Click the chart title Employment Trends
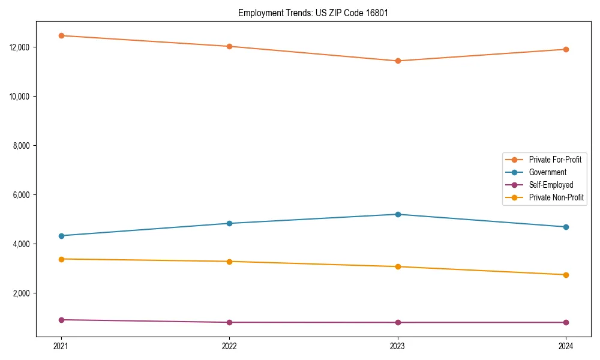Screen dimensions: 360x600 [x=313, y=13]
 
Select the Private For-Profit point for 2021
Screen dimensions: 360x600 [x=61, y=35]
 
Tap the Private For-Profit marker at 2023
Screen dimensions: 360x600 [x=398, y=61]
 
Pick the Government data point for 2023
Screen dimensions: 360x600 [x=398, y=214]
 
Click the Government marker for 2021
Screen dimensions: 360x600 [x=61, y=236]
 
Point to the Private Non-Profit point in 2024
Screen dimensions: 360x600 [x=566, y=275]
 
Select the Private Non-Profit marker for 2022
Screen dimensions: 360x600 [x=229, y=262]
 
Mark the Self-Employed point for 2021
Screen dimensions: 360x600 [x=61, y=320]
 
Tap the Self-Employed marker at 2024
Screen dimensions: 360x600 [x=566, y=322]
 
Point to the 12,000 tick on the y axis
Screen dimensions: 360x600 [x=20, y=47]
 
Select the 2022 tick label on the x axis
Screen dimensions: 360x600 [x=229, y=346]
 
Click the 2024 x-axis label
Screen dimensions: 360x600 [x=566, y=346]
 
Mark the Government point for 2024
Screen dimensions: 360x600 [x=566, y=227]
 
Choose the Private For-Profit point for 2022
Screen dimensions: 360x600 [x=229, y=46]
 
